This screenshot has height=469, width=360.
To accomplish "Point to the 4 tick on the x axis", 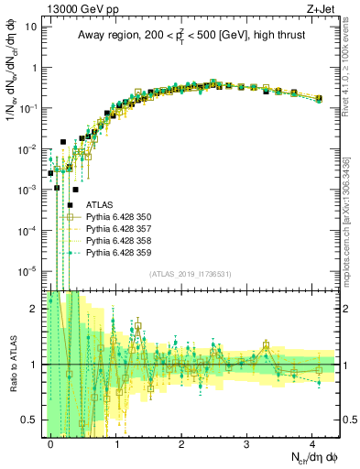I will [x=311, y=443].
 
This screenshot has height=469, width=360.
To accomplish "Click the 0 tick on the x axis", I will [x=50, y=443].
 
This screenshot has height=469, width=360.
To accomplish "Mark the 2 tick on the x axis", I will [x=181, y=443].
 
